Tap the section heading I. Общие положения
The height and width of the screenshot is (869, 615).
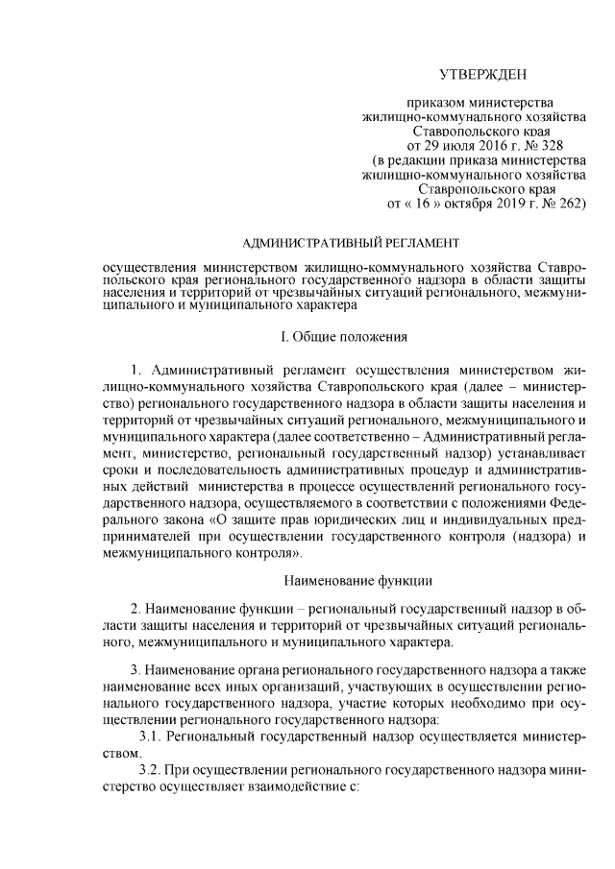[x=344, y=337]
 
